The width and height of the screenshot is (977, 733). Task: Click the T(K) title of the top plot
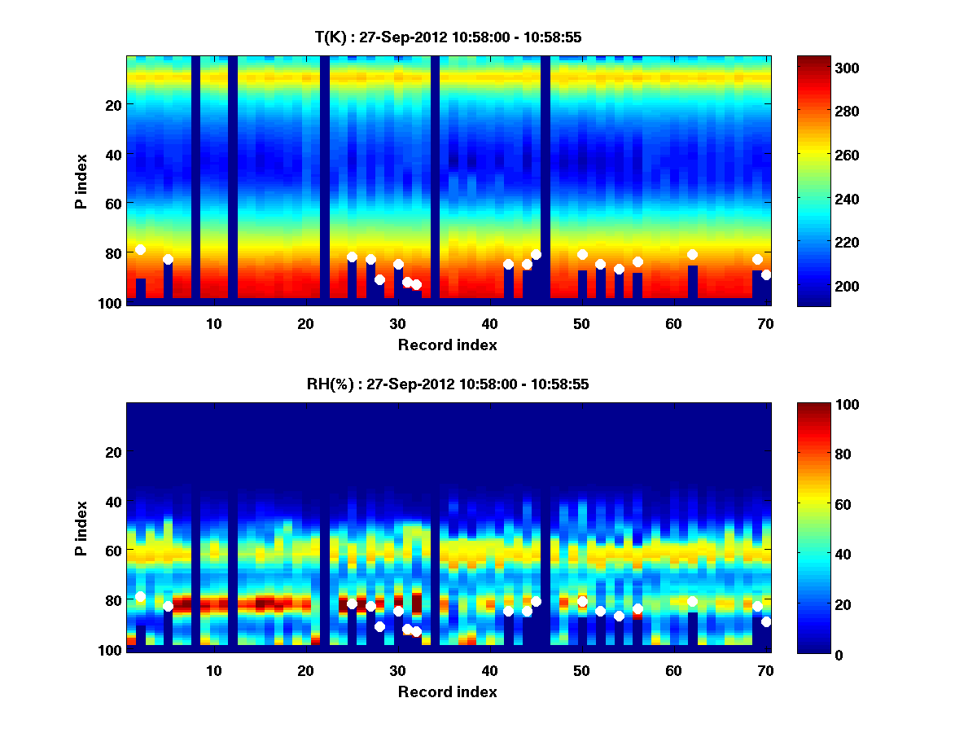click(447, 37)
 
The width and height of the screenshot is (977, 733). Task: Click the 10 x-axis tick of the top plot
click(213, 323)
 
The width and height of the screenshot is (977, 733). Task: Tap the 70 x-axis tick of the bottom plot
click(765, 670)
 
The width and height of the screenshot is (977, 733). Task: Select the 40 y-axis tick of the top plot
click(112, 154)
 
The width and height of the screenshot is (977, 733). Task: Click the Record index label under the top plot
click(447, 345)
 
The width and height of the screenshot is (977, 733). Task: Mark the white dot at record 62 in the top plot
click(692, 255)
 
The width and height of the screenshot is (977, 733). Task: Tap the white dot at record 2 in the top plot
click(140, 249)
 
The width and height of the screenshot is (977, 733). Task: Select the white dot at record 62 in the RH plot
click(692, 602)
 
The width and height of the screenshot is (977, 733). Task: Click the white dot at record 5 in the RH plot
click(168, 606)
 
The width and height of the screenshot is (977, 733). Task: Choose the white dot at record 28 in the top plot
click(379, 279)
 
